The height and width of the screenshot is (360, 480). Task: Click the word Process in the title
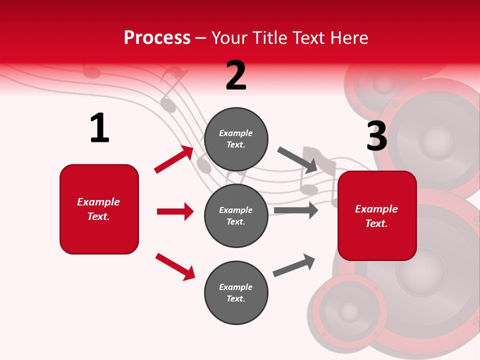point(157,38)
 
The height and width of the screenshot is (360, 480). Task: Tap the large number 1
point(99,128)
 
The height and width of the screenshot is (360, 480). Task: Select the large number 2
point(236,76)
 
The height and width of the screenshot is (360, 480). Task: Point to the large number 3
point(376,136)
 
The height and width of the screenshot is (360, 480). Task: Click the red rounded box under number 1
point(99,209)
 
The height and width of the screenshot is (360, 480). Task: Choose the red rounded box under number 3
point(377,215)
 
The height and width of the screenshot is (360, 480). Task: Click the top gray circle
point(236,139)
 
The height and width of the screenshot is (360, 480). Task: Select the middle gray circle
point(236,215)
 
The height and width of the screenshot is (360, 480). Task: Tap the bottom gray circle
point(236,292)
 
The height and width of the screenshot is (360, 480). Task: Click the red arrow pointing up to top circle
point(174,159)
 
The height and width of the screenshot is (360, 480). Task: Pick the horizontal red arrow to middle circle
point(175,211)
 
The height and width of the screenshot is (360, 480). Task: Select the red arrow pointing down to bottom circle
point(175,266)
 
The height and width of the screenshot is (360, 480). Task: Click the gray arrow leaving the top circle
point(297,159)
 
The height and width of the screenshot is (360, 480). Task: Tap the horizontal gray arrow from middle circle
point(295,210)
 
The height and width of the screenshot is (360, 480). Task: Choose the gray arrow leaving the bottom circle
point(294,265)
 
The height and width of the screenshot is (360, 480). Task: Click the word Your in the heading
point(229,38)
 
